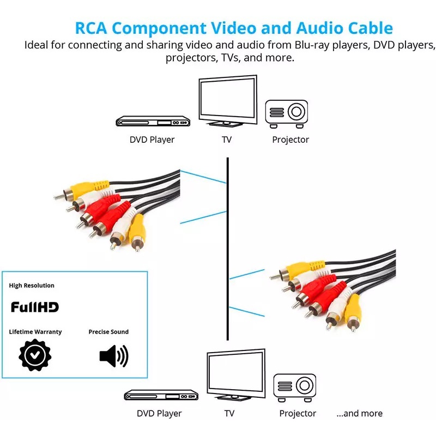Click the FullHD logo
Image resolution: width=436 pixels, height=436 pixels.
[x=35, y=307]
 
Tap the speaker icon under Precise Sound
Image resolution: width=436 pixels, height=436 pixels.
[x=113, y=356]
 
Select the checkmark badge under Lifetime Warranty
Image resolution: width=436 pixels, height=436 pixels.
[x=35, y=355]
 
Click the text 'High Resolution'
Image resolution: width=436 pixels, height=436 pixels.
[x=32, y=286]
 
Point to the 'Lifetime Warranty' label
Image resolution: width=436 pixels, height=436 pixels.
[x=35, y=332]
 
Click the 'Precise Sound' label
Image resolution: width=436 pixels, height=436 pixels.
[x=108, y=332]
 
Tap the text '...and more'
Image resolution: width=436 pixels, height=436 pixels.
[x=359, y=414]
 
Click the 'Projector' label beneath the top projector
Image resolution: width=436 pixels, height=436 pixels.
[x=290, y=140]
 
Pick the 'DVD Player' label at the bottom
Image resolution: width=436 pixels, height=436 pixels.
[x=159, y=414]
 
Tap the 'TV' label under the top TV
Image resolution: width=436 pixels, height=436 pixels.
[x=227, y=140]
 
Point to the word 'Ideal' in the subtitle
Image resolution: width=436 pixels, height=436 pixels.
[x=38, y=45]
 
